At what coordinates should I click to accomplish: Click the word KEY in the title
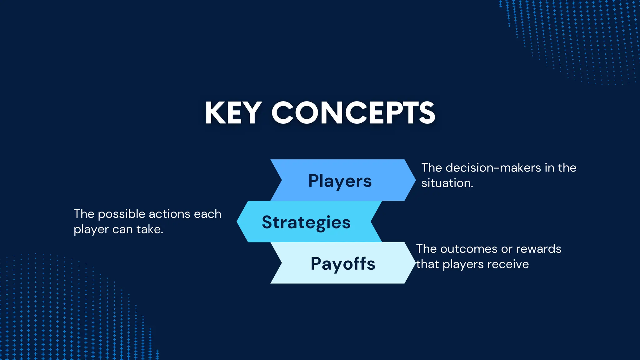[233, 113]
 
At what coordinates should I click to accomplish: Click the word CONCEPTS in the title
[353, 113]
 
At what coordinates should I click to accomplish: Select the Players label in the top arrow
[340, 181]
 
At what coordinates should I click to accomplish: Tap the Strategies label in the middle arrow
[306, 222]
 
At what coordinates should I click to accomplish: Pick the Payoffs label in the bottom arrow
[343, 263]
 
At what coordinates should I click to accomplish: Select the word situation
[447, 183]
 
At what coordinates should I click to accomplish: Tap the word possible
[122, 214]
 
